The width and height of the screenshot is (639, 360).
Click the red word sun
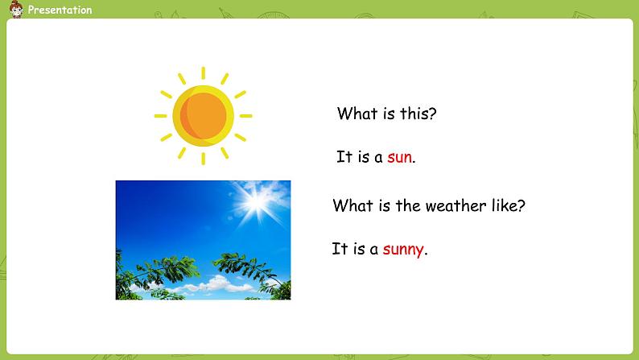(399, 157)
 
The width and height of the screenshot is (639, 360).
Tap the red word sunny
(403, 249)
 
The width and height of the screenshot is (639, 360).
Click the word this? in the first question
(418, 114)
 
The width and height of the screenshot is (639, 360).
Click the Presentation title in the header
(60, 10)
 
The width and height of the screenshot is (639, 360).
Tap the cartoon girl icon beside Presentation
(16, 10)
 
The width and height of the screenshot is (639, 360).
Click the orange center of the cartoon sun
(204, 116)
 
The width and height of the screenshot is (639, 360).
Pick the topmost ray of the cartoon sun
(204, 73)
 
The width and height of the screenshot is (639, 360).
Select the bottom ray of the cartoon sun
(204, 159)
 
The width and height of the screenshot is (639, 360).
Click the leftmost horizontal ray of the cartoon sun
(161, 116)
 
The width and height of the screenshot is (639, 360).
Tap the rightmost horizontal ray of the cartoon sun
(246, 116)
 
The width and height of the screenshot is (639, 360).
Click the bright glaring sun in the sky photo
(257, 201)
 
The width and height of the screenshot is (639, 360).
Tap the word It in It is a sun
(344, 156)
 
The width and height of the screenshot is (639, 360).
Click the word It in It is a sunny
(340, 248)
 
